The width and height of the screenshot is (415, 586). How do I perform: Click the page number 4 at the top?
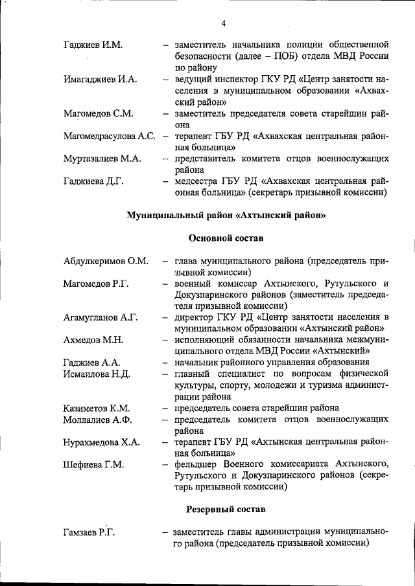[x=223, y=24]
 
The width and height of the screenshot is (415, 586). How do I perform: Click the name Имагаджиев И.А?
[x=100, y=79]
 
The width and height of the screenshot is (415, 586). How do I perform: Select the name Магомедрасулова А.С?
[x=109, y=137]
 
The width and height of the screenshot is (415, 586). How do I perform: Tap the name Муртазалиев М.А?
[x=102, y=159]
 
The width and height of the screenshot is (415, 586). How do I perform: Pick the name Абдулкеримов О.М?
[x=106, y=262]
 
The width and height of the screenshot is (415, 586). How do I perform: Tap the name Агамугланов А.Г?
[x=101, y=317]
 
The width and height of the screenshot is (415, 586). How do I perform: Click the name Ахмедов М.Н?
[x=93, y=340]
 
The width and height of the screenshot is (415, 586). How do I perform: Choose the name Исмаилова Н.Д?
[x=97, y=374]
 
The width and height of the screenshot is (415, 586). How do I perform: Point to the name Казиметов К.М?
[x=97, y=408]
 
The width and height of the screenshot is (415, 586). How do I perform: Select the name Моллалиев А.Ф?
[x=98, y=420]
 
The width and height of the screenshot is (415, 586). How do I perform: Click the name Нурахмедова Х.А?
[x=101, y=442]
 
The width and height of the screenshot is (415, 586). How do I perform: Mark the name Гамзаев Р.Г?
[x=89, y=532]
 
